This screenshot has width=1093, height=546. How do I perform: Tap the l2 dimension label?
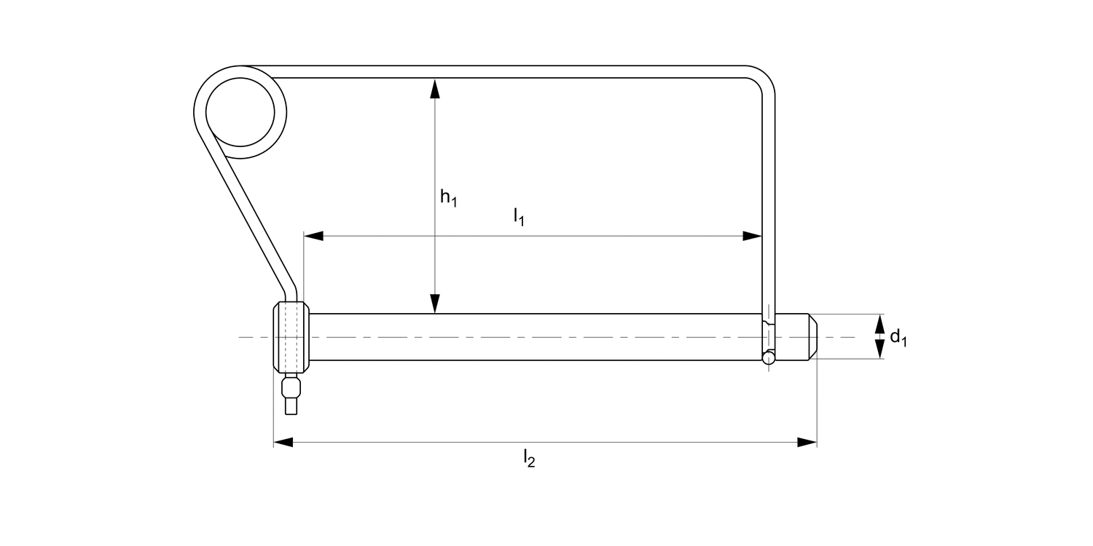(529, 459)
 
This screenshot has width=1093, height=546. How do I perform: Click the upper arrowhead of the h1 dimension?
(435, 87)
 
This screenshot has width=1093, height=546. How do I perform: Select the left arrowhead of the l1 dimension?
(314, 236)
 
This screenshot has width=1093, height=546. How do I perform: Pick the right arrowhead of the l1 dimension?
(752, 236)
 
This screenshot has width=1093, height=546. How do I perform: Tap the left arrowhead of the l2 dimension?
(283, 442)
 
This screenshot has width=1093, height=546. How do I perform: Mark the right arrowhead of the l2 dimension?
(807, 442)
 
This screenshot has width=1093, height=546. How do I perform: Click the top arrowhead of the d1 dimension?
(880, 323)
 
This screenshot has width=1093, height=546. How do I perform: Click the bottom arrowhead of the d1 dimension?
(880, 351)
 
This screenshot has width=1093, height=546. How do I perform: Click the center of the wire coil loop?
(240, 112)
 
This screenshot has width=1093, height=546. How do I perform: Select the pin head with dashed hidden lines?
(291, 337)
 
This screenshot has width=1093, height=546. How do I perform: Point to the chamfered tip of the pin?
(812, 337)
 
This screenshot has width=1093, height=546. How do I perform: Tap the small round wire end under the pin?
(768, 357)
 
